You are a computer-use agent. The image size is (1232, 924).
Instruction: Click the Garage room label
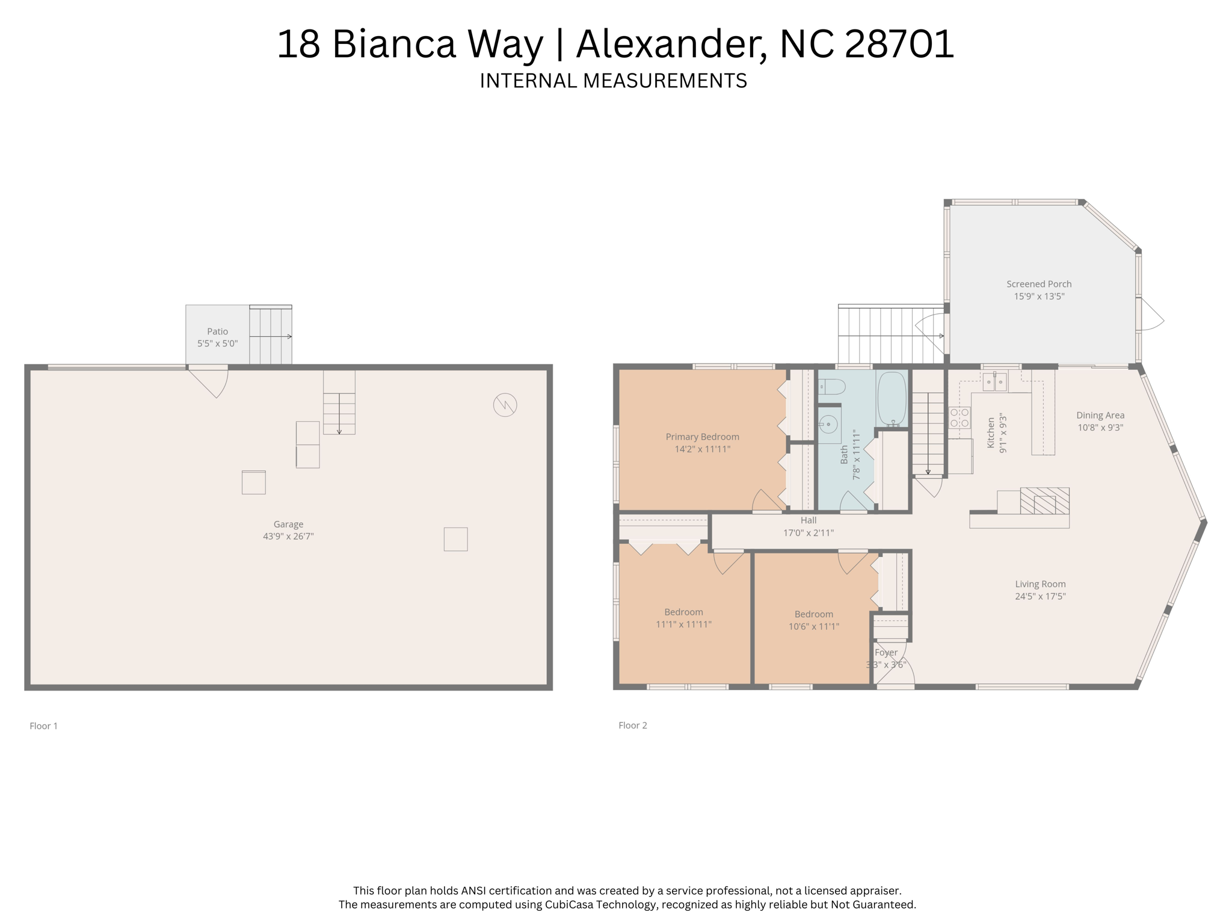(288, 524)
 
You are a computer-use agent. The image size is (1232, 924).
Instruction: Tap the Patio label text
(218, 331)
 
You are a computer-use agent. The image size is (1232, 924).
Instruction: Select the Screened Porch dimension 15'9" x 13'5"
(1039, 296)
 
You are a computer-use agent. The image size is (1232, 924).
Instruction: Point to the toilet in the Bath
(832, 386)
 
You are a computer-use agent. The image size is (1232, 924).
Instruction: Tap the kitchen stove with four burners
(959, 417)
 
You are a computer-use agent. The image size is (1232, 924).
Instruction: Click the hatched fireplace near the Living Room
(1045, 500)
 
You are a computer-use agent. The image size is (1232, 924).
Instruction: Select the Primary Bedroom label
(702, 437)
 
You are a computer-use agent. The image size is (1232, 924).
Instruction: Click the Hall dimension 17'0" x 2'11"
(808, 532)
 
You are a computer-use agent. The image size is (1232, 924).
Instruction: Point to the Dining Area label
(1100, 415)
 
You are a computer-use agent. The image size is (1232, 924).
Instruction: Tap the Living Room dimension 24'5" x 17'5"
(1040, 596)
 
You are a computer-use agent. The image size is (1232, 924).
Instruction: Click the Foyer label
(886, 652)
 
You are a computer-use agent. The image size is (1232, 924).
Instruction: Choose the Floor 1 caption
(44, 726)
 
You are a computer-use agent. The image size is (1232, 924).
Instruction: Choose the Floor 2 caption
(633, 725)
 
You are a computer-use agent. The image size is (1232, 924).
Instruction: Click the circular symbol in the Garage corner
(505, 405)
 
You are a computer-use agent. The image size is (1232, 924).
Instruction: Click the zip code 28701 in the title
(899, 44)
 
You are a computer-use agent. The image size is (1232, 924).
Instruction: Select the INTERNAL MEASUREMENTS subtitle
(613, 81)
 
